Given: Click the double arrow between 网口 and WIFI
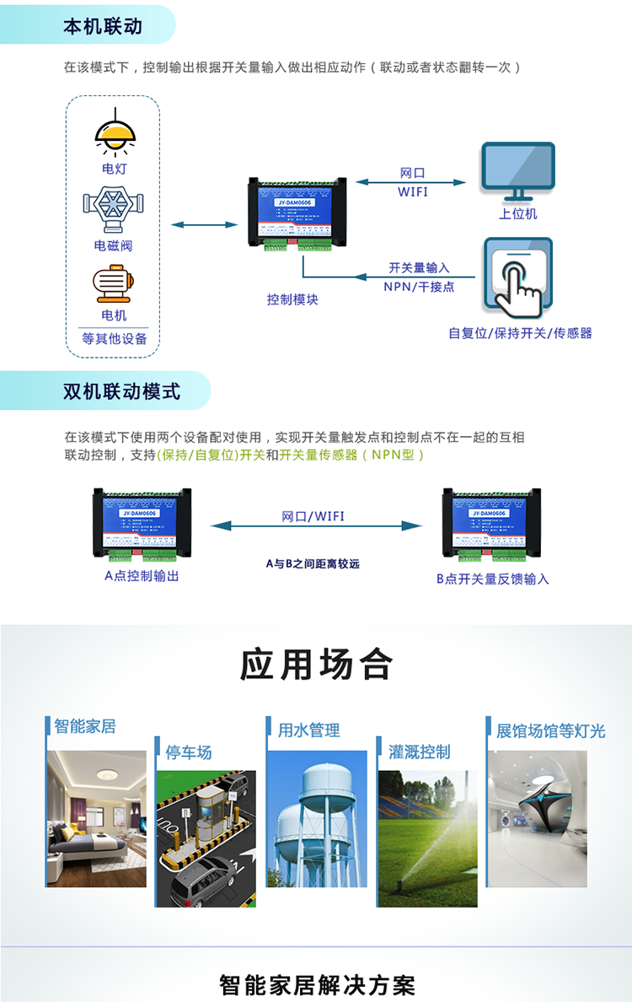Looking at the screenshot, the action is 410,182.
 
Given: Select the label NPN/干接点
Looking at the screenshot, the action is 419,287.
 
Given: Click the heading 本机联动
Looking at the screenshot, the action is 103,27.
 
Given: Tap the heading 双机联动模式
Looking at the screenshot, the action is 121,391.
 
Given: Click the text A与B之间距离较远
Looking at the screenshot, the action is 313,563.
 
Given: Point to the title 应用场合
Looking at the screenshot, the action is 316,665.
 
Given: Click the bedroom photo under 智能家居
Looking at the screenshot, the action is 96,818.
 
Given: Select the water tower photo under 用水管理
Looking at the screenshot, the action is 317,818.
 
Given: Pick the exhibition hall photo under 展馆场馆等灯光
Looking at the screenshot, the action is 537,818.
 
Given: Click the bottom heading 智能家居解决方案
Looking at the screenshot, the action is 317,984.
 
